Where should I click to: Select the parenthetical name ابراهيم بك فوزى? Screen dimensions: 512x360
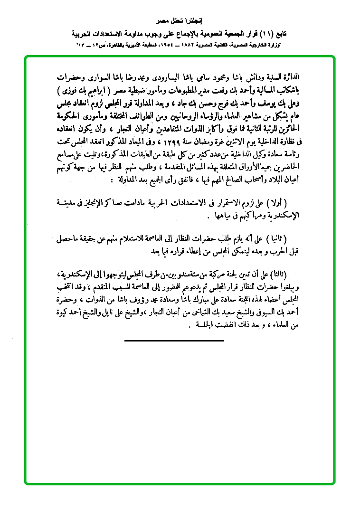[94, 90]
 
